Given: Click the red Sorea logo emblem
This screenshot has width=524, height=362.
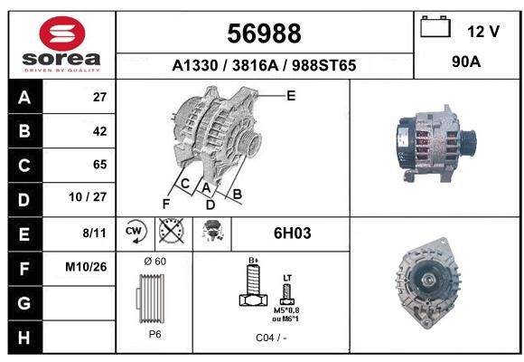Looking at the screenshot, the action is pos(62,33).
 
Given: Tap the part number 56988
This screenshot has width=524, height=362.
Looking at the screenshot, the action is pos(264,33).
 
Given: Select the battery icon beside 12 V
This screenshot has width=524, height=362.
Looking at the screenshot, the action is pos(435,26).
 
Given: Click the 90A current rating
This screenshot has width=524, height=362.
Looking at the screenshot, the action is pos(466,62).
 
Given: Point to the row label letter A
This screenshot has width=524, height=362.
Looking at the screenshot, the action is pos(24,98).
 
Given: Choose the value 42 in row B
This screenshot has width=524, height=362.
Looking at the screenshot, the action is pos(100,131).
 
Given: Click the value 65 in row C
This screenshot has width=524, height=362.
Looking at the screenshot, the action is pos(100,165).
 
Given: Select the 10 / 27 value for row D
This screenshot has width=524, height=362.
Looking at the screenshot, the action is pos(88,197).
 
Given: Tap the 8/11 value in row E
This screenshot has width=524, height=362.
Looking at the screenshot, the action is pos(94,233).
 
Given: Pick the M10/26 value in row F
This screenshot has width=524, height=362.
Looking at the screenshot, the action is pos(86,267).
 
